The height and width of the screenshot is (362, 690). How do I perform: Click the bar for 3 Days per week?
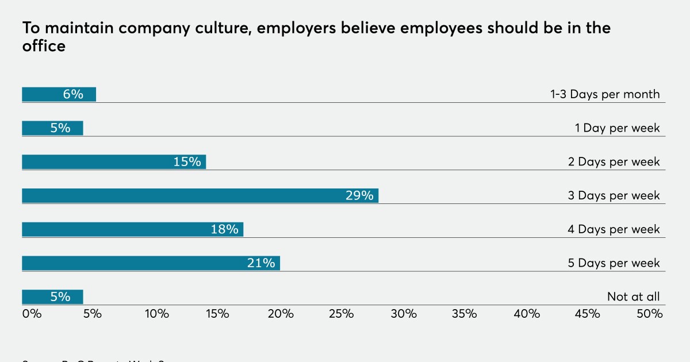(x=200, y=195)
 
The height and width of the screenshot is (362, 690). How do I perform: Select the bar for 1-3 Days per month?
(x=59, y=94)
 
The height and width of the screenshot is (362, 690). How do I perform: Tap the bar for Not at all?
(x=52, y=296)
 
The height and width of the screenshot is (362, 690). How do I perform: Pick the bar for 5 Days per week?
(x=151, y=263)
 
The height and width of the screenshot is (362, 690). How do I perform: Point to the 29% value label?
(x=359, y=195)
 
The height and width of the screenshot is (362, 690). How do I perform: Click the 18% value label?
(x=224, y=229)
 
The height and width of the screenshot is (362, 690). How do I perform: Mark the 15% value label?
(x=187, y=162)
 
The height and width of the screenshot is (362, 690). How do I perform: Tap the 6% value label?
(x=73, y=94)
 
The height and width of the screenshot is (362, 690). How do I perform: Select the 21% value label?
(x=261, y=263)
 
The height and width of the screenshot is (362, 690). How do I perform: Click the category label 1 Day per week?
(x=618, y=128)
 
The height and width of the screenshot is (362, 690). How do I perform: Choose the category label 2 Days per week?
(x=614, y=162)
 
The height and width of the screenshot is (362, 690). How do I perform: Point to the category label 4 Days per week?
(x=614, y=229)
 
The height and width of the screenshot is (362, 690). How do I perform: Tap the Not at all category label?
(x=634, y=297)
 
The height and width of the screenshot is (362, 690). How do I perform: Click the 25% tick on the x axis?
(x=342, y=314)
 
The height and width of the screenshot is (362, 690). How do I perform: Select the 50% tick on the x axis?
(x=650, y=314)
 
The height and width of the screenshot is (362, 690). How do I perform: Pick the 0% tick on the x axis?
(x=32, y=314)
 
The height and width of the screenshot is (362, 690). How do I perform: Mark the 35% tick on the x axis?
(x=465, y=314)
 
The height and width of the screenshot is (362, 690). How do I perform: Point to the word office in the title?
(x=44, y=47)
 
